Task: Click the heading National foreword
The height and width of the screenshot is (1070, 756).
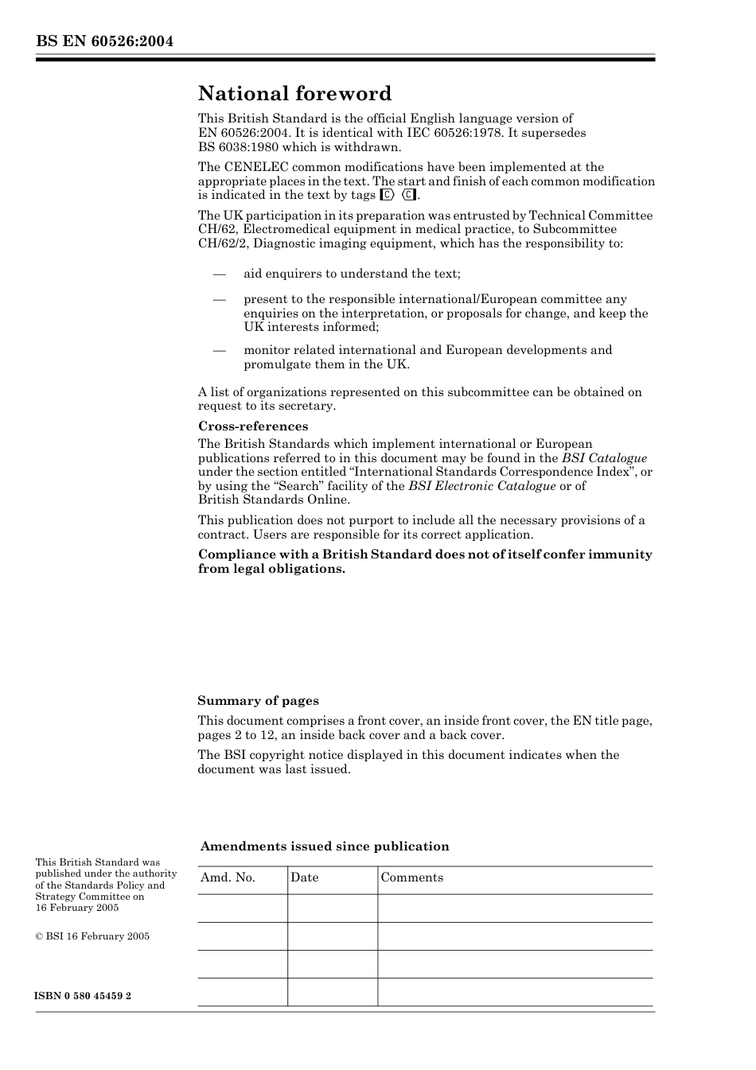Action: pyautogui.click(x=294, y=94)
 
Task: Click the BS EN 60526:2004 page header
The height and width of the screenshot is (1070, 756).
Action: pyautogui.click(x=104, y=41)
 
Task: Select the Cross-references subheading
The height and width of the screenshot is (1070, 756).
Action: pyautogui.click(x=253, y=426)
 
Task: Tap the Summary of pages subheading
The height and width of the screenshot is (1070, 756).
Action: pyautogui.click(x=258, y=701)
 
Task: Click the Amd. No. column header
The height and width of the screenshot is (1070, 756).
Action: pyautogui.click(x=228, y=877)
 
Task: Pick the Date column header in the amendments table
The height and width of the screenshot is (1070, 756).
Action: pyautogui.click(x=304, y=877)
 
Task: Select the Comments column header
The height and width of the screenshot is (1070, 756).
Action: pyautogui.click(x=411, y=877)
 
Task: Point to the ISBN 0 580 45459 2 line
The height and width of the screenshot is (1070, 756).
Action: pyautogui.click(x=83, y=996)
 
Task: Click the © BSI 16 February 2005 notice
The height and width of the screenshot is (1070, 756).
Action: pyautogui.click(x=92, y=936)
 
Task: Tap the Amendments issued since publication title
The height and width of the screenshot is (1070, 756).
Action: pyautogui.click(x=325, y=846)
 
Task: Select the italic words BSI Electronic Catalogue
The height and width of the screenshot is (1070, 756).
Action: pyautogui.click(x=482, y=486)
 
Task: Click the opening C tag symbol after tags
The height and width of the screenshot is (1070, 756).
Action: pyautogui.click(x=388, y=195)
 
